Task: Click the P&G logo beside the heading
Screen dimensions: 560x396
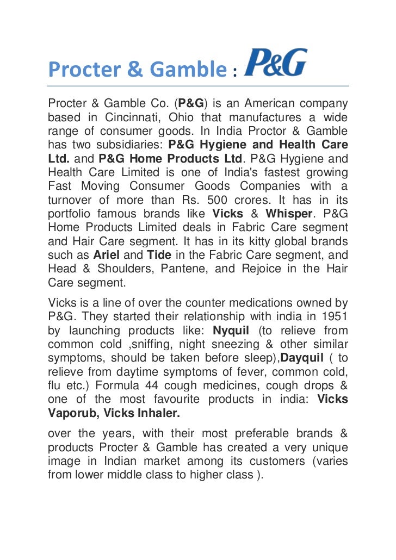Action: (276, 63)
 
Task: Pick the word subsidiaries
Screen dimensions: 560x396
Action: (132, 145)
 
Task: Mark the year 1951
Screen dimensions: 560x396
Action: (333, 316)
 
